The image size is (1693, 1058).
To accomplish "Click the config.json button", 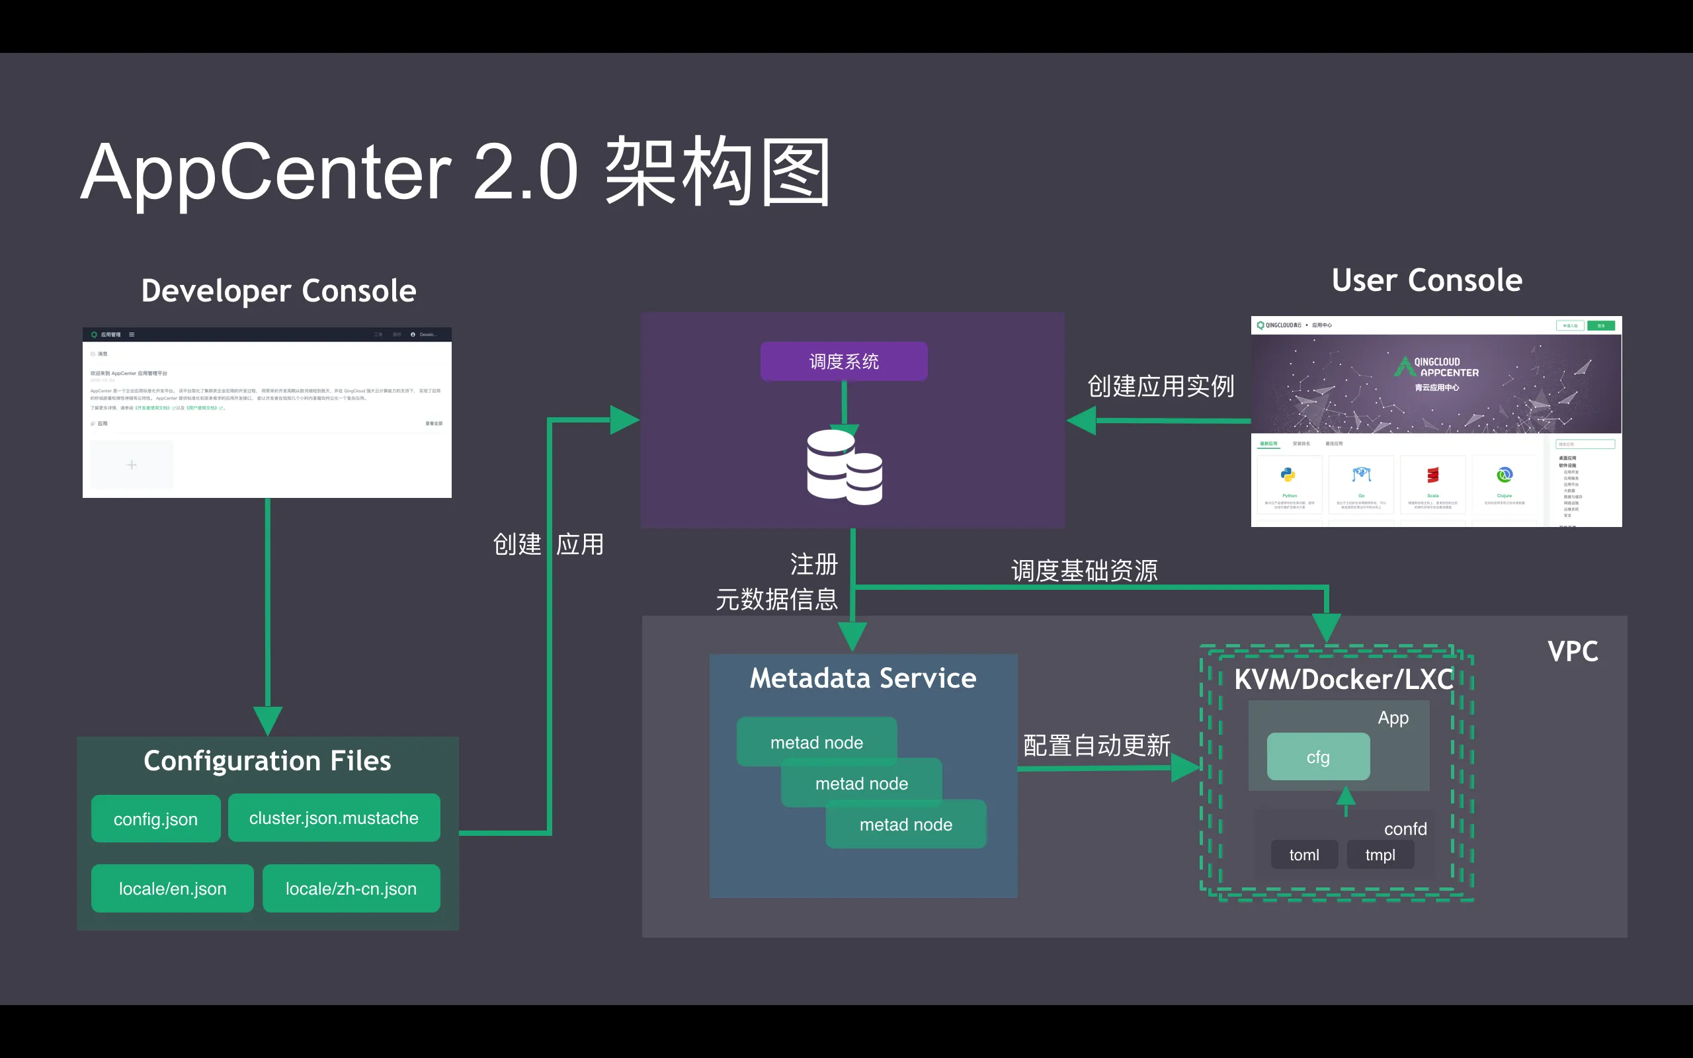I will coord(155,819).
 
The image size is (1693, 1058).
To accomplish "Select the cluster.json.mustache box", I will coord(334,818).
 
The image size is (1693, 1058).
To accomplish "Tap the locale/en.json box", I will coord(172,889).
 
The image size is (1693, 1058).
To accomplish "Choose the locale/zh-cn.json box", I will coord(351,889).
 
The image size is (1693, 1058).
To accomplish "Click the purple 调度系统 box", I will coord(844,361).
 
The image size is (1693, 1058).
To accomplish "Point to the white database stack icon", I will coord(844,467).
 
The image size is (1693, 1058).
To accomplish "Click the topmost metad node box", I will coord(817,742).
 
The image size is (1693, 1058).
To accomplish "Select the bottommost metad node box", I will coord(906,825).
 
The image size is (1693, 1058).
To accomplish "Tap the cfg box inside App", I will coord(1318,757).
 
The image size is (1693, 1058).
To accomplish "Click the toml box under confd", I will coord(1304,855).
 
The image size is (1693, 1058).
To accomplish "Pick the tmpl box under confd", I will coord(1380,855).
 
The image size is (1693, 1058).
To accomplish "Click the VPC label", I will coord(1573,651).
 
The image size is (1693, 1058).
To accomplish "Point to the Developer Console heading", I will coord(278,290).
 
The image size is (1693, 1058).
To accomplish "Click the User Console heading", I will coord(1426,280).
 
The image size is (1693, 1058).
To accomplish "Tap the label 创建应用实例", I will coord(1161,386).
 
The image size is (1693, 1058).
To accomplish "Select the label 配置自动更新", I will coord(1096,745).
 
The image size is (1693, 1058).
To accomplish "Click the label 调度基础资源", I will coord(1085,570).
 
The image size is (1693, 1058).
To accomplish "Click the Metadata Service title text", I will coord(862,678).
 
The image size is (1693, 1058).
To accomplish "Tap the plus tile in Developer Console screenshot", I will coord(132,465).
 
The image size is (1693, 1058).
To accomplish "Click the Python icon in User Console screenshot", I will coord(1288,475).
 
